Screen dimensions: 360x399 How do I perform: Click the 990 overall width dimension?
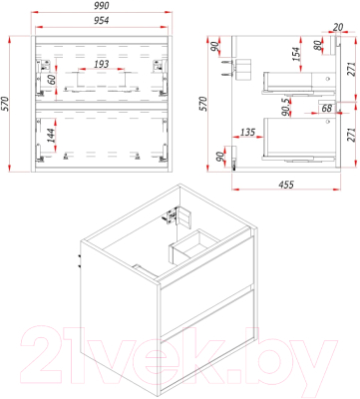[x=102, y=6]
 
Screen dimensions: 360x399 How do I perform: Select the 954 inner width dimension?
[x=101, y=21]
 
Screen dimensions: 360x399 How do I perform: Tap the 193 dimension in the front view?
[x=101, y=64]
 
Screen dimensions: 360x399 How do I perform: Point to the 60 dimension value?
[x=51, y=80]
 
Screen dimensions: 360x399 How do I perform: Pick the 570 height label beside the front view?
[x=6, y=105]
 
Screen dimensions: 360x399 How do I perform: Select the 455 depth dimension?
[x=286, y=184]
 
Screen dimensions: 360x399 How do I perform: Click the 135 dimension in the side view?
[x=247, y=132]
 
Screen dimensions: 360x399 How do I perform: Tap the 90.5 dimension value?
[x=286, y=108]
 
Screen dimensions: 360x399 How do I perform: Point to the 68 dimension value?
[x=327, y=108]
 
